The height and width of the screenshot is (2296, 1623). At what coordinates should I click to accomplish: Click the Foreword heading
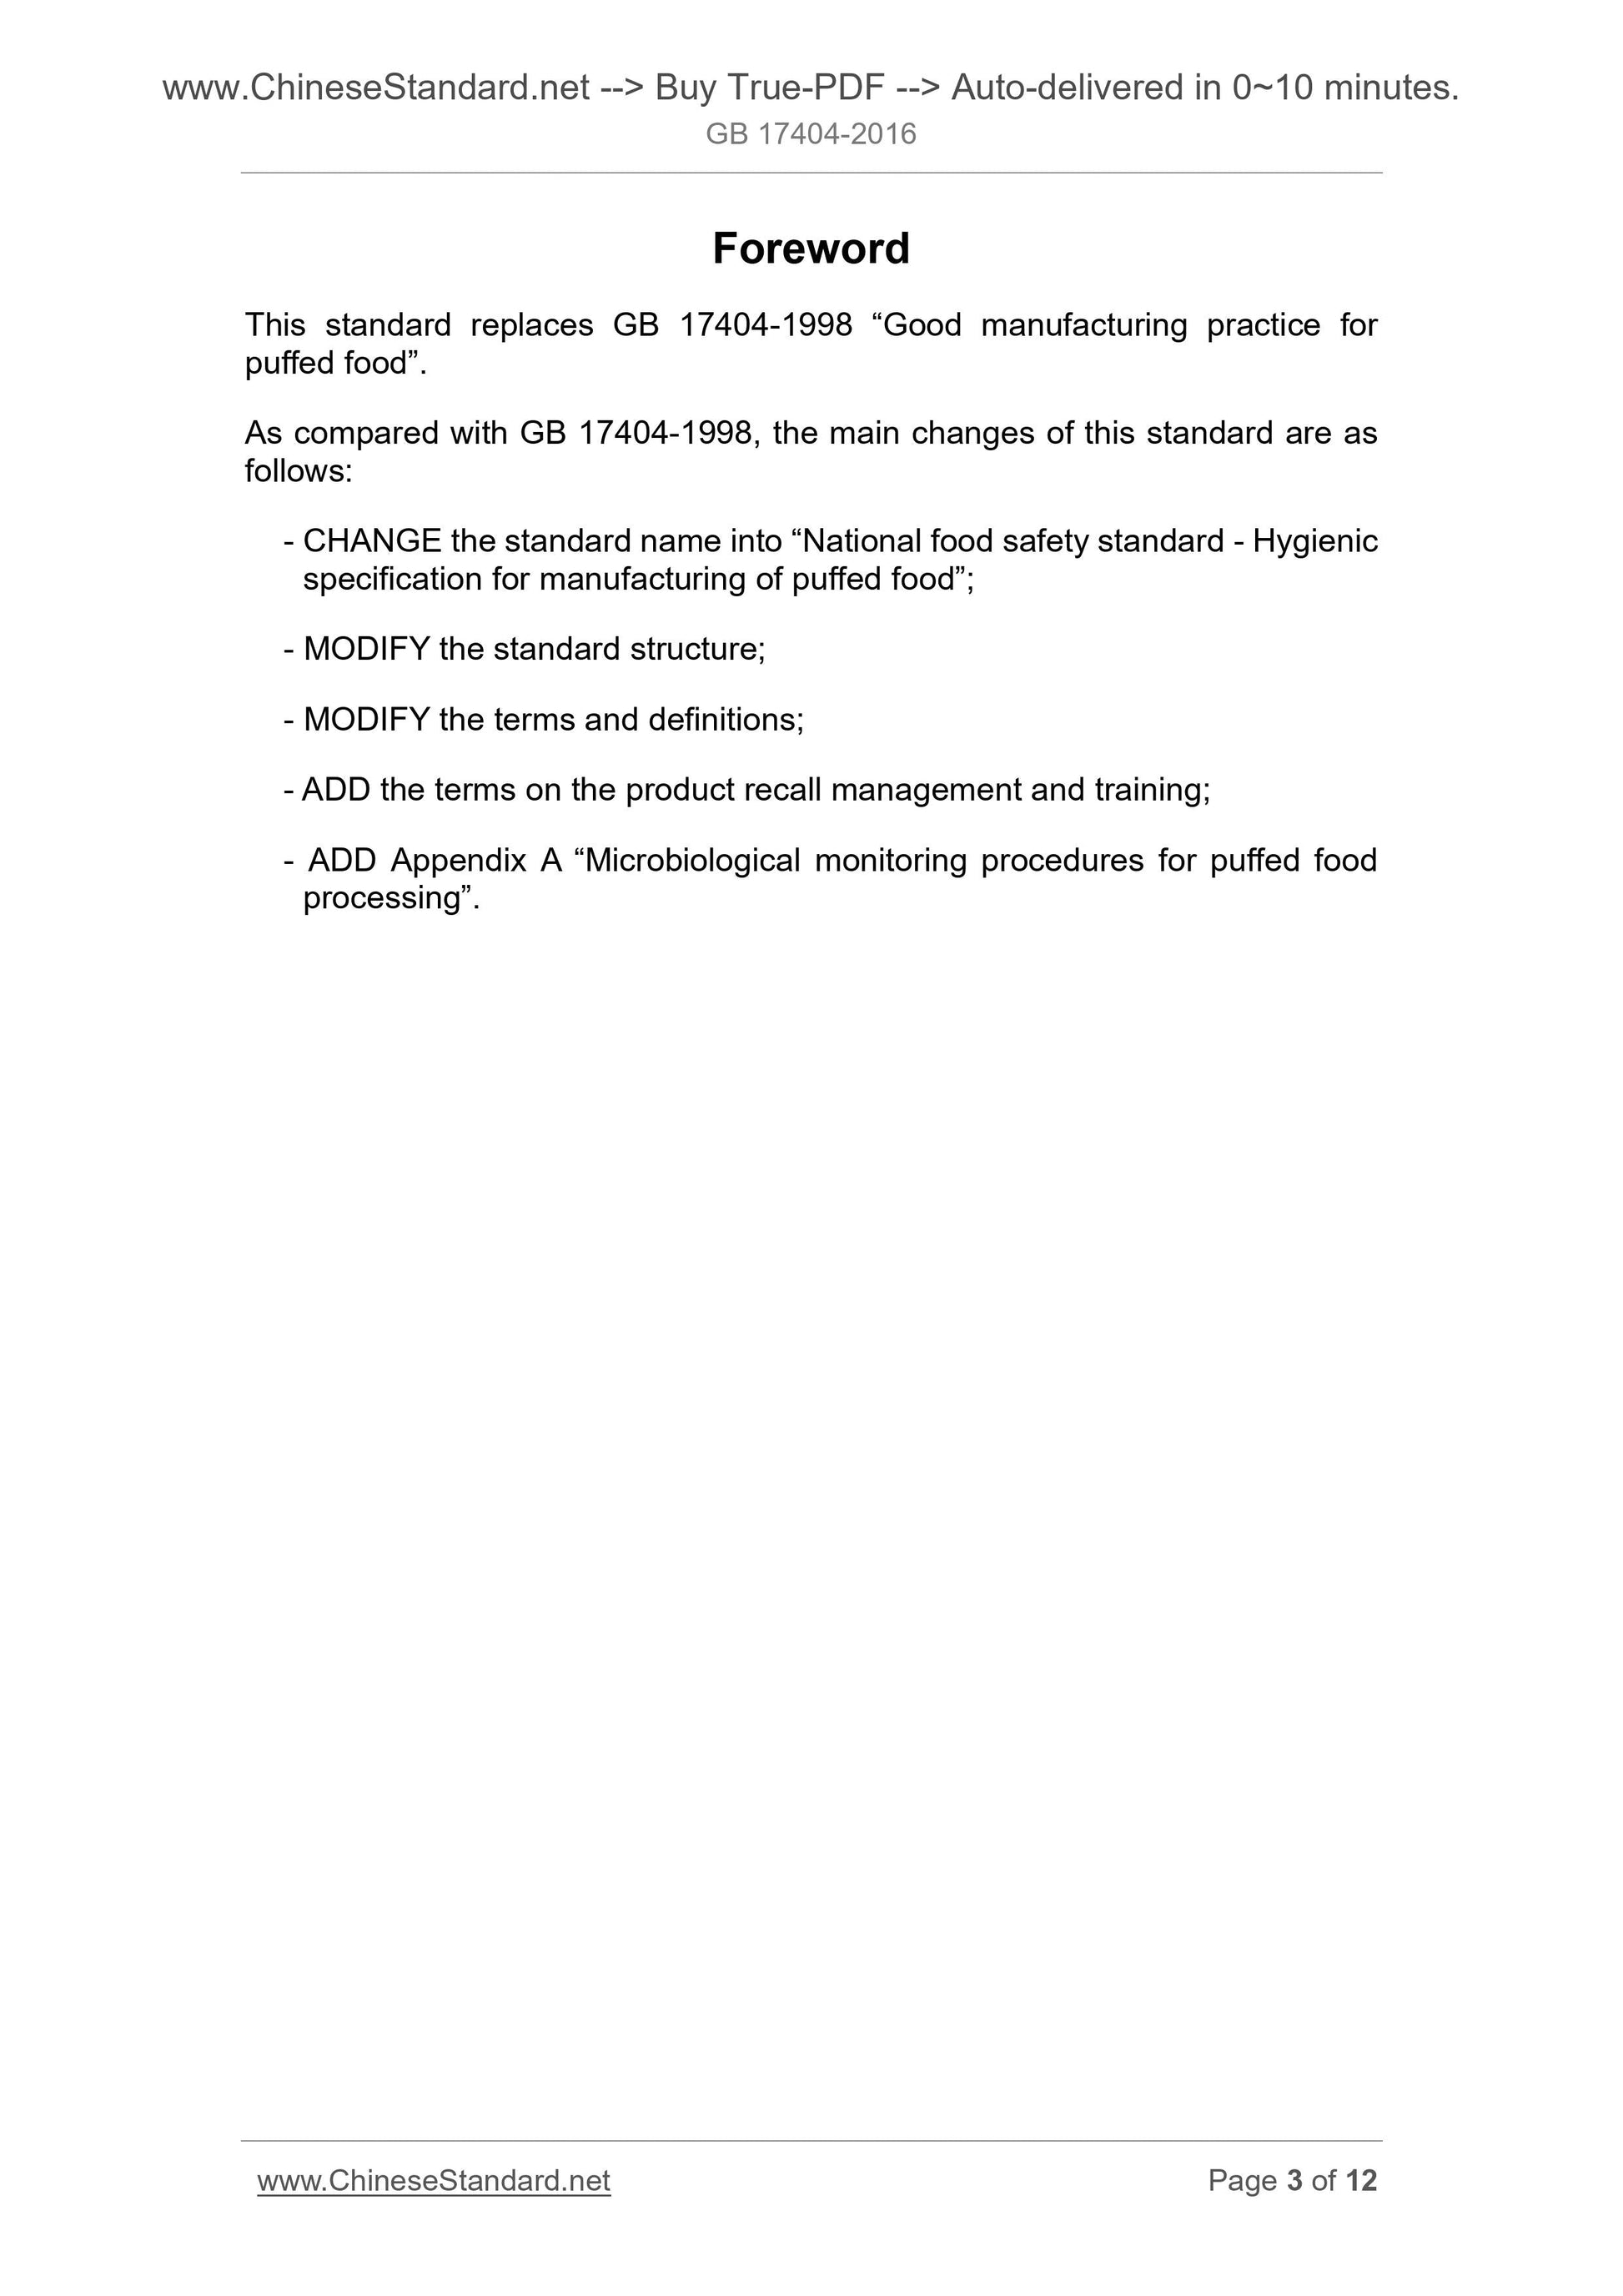pos(810,249)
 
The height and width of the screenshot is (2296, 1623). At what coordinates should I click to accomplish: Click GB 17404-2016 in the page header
pos(810,134)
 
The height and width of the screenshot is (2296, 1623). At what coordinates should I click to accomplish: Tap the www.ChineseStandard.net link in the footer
pos(433,2180)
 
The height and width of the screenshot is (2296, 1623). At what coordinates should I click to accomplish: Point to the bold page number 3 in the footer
pos(1294,2180)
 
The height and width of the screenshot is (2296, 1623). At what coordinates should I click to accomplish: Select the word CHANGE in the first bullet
pos(372,541)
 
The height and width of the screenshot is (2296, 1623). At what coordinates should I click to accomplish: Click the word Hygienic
pos(1315,541)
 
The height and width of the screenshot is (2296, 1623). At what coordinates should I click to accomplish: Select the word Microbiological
pos(693,860)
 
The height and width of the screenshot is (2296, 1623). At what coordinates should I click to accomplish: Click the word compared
pos(366,433)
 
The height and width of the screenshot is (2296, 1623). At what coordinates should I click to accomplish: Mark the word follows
pos(298,471)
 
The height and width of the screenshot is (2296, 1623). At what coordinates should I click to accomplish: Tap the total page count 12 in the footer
pos(1361,2180)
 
